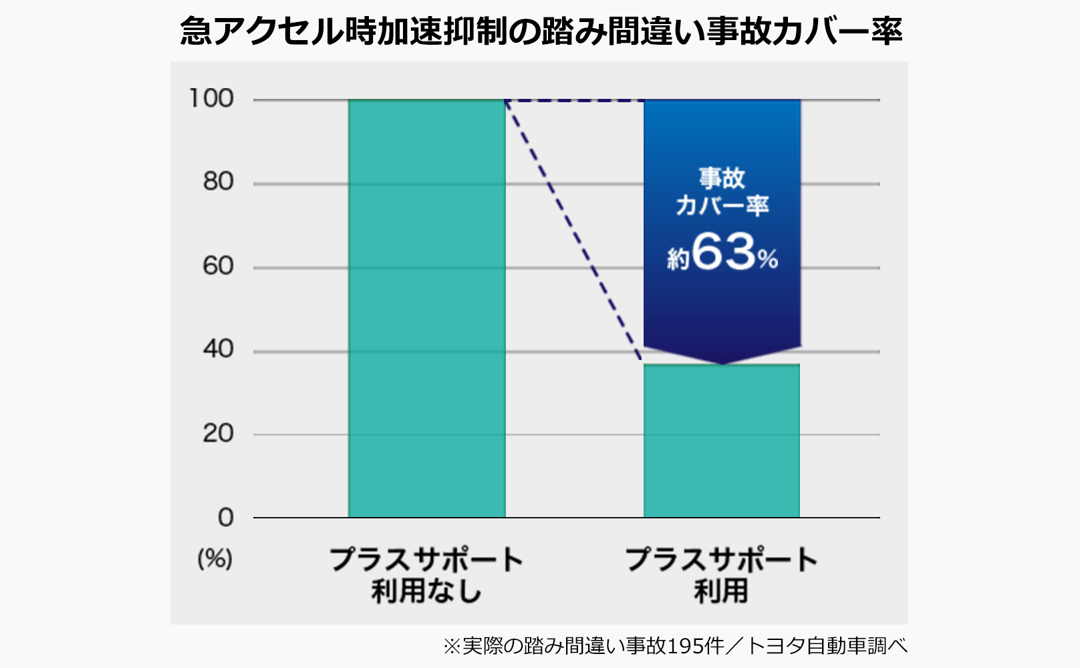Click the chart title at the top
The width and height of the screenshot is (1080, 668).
pyautogui.click(x=541, y=31)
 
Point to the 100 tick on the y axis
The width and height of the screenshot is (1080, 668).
pyautogui.click(x=211, y=99)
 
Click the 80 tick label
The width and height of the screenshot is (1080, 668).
pyautogui.click(x=218, y=182)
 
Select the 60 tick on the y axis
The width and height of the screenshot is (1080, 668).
pyautogui.click(x=218, y=266)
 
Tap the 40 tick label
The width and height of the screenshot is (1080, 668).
pyautogui.click(x=218, y=349)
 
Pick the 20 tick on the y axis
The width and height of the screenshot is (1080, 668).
pyautogui.click(x=218, y=434)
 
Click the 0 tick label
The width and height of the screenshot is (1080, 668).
pyautogui.click(x=226, y=517)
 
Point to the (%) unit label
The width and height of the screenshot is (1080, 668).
pyautogui.click(x=215, y=558)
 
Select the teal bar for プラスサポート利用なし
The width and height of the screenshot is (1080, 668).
pyautogui.click(x=426, y=307)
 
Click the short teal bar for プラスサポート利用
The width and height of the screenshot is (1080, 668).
pyautogui.click(x=721, y=441)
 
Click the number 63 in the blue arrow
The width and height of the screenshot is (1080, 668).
pyautogui.click(x=724, y=252)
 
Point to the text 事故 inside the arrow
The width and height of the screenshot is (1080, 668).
pyautogui.click(x=722, y=178)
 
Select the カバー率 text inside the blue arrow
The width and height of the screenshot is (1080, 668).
pyautogui.click(x=722, y=205)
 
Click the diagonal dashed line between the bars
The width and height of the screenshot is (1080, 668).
pyautogui.click(x=573, y=230)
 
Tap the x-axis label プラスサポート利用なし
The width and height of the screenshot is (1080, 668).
pyautogui.click(x=426, y=574)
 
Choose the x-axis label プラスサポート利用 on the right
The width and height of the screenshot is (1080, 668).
pyautogui.click(x=721, y=574)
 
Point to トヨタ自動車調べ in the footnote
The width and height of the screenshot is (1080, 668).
pyautogui.click(x=827, y=646)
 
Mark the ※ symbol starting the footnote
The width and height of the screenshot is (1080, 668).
pyautogui.click(x=452, y=646)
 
